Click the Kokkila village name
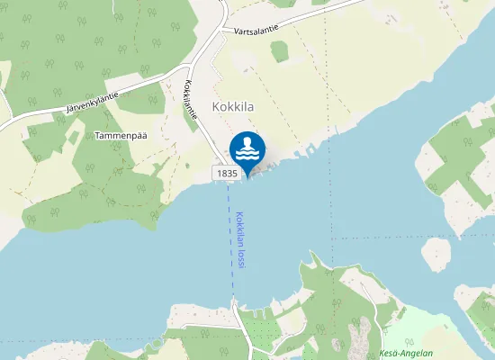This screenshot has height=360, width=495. pos(233,105)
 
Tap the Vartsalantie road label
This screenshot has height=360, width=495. pos(255,29)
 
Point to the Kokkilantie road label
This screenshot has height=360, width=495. pos(190,107)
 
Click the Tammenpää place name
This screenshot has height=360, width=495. pos(121,136)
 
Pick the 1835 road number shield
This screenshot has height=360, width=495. pos(226,172)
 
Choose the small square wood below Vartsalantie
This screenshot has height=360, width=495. pos(280,52)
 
